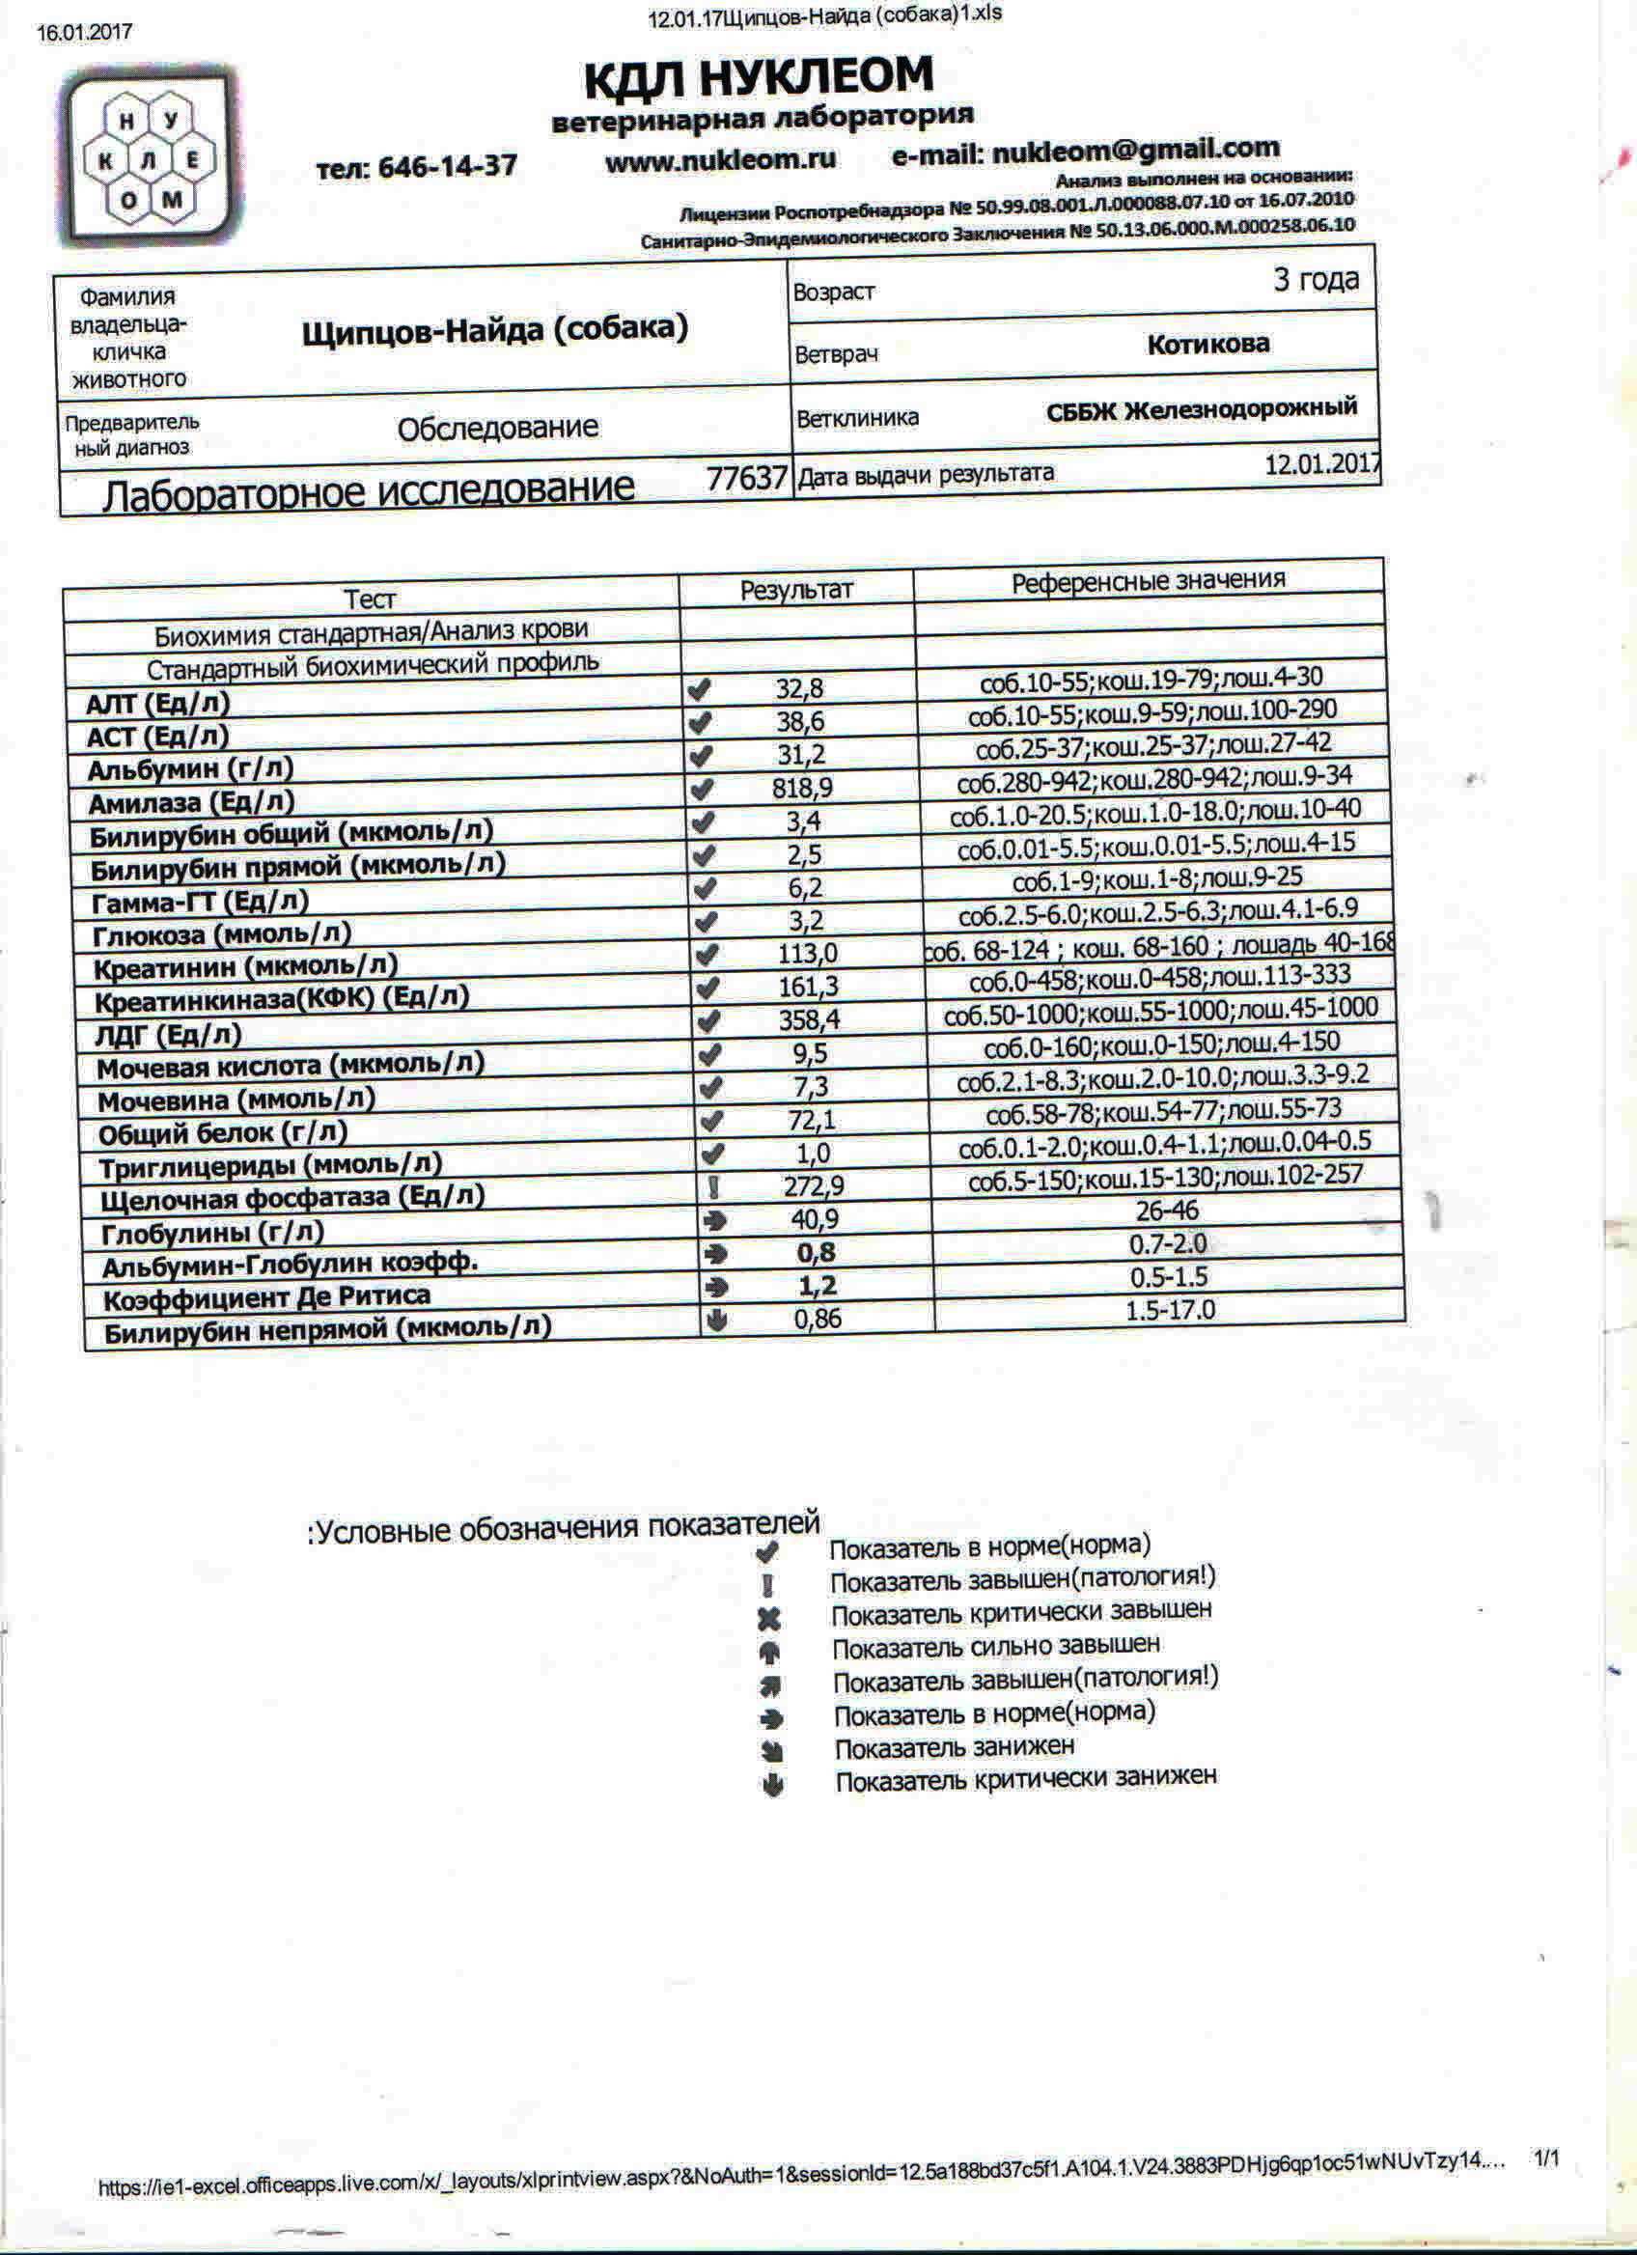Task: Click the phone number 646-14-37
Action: pyautogui.click(x=416, y=166)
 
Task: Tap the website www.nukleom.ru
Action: pyautogui.click(x=721, y=159)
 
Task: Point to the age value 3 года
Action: pyautogui.click(x=1315, y=279)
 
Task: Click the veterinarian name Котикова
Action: pyautogui.click(x=1207, y=344)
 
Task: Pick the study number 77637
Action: pyautogui.click(x=746, y=478)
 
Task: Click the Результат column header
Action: pyautogui.click(x=796, y=590)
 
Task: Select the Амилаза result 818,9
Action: pyautogui.click(x=802, y=789)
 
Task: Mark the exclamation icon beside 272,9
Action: pyautogui.click(x=712, y=1187)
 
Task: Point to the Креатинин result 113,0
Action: pyautogui.click(x=807, y=955)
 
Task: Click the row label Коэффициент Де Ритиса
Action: pyautogui.click(x=267, y=1297)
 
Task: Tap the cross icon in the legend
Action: pyautogui.click(x=768, y=1620)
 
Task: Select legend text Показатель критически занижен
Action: pyautogui.click(x=1025, y=1777)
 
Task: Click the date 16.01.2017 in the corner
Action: pyautogui.click(x=85, y=32)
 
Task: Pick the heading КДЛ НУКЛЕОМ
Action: pyautogui.click(x=759, y=77)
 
